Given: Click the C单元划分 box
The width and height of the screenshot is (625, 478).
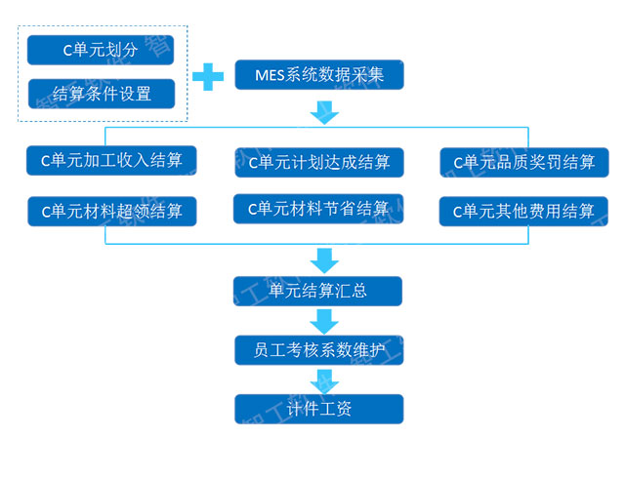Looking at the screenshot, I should point(101,50).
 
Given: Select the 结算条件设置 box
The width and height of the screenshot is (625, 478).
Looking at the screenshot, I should point(101,95).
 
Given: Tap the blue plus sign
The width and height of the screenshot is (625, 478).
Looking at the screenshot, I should point(207,76).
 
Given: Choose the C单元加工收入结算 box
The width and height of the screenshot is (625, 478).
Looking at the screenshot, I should point(111,160).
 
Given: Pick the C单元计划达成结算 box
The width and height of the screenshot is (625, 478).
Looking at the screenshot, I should point(318,162).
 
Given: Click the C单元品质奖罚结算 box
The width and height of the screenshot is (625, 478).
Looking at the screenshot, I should point(524,162).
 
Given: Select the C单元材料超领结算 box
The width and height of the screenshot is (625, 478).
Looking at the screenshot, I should point(111,210).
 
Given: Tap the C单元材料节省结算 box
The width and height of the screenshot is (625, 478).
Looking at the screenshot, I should point(318,209).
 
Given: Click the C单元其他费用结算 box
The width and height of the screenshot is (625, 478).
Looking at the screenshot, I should point(524,211).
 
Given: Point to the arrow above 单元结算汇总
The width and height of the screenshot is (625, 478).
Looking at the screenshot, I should point(324,259).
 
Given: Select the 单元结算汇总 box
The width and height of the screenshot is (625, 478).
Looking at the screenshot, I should point(318,291).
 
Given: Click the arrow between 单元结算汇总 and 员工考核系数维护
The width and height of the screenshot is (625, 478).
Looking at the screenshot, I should point(324,320).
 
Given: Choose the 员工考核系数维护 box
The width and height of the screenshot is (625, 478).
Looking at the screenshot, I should point(318,349).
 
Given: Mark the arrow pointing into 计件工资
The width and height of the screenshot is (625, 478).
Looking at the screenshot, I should point(324,379).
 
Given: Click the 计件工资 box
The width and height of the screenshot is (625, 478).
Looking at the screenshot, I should point(318,409).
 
